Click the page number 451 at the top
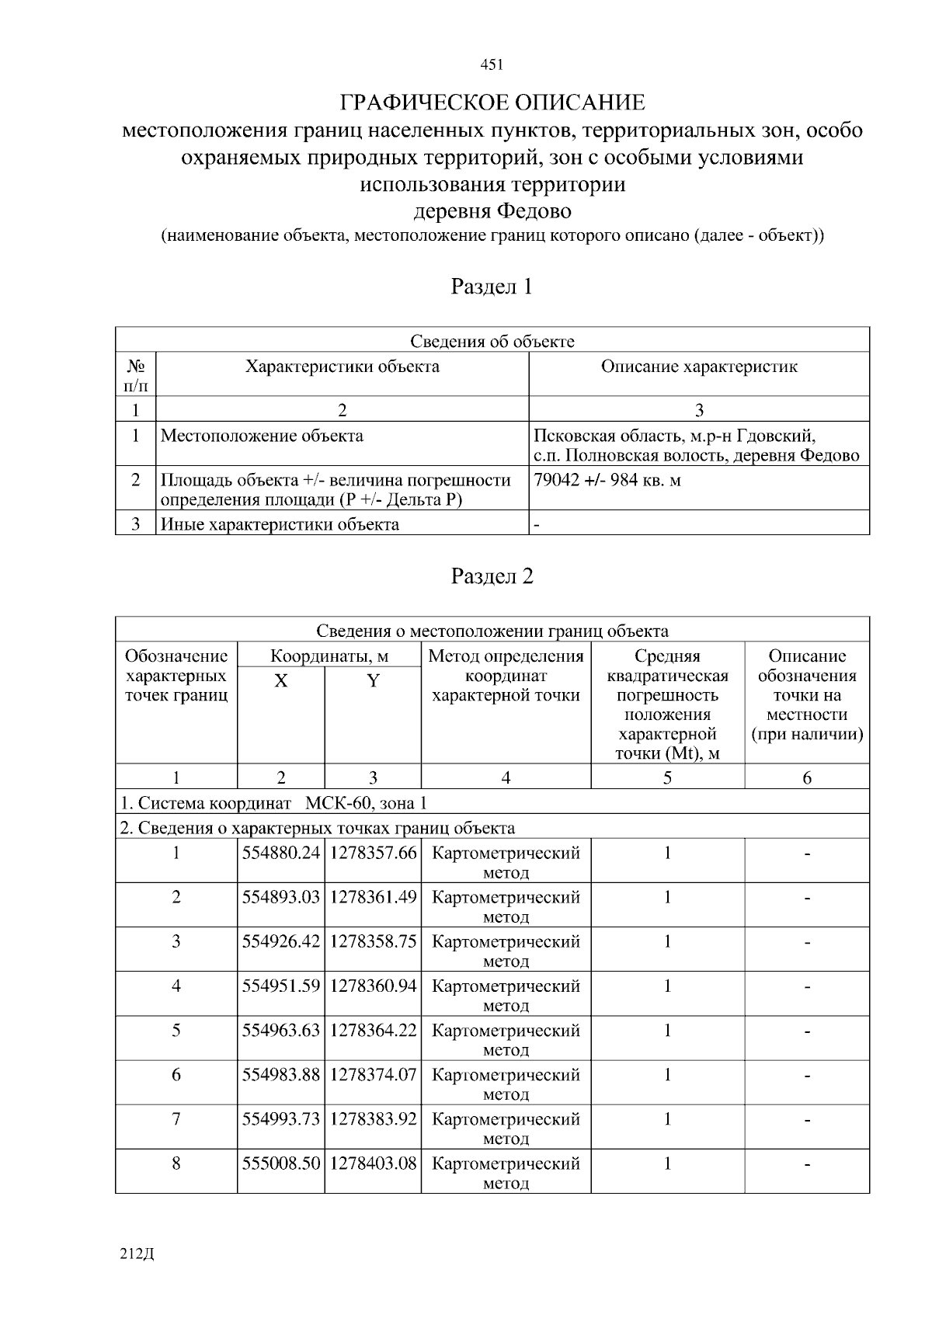(492, 65)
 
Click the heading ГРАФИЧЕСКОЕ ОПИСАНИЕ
(492, 103)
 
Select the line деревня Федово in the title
(492, 211)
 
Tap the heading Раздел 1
(492, 287)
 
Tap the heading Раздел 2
(492, 576)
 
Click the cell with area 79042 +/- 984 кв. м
(607, 480)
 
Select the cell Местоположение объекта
(262, 436)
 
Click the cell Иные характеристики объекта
(280, 524)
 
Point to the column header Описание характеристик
(699, 367)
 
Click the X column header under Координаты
(280, 681)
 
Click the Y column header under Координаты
(373, 681)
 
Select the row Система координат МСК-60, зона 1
(273, 803)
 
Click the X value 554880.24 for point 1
(281, 853)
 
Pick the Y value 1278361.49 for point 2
(373, 897)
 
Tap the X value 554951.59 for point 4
(281, 986)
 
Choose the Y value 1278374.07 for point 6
(373, 1075)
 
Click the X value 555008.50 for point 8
(281, 1163)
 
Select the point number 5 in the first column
(176, 1031)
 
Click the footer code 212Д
(137, 1254)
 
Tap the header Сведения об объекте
(492, 341)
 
